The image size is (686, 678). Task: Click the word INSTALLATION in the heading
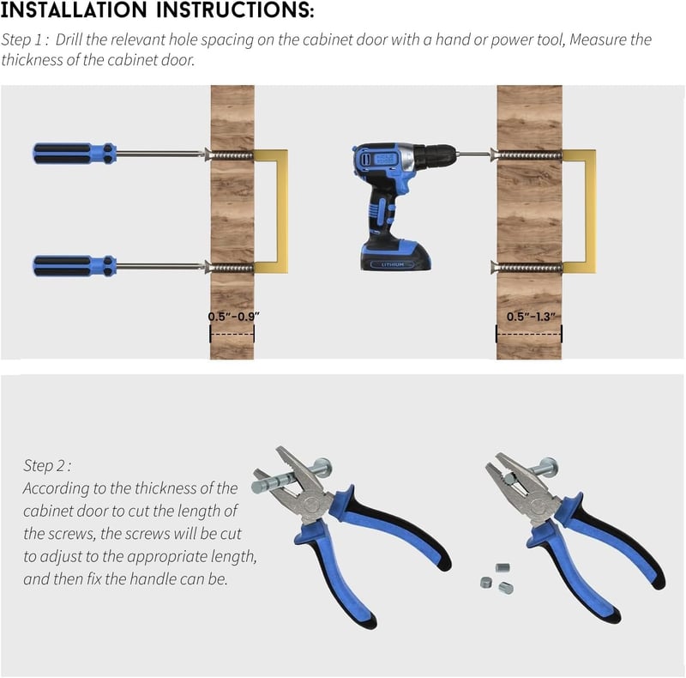click(x=74, y=9)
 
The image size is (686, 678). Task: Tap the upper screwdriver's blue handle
click(x=75, y=154)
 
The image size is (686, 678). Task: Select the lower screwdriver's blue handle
click(x=75, y=266)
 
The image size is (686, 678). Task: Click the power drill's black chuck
click(x=435, y=155)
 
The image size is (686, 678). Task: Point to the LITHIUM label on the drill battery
click(x=392, y=264)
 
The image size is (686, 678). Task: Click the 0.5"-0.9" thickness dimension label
click(x=233, y=316)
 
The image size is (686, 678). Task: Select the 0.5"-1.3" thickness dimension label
click(x=531, y=316)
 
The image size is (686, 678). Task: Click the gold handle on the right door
click(x=591, y=211)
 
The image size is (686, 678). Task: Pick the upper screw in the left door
click(x=229, y=155)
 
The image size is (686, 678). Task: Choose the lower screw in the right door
click(x=527, y=267)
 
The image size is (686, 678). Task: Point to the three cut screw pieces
click(x=497, y=578)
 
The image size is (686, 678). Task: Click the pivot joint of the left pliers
click(x=313, y=505)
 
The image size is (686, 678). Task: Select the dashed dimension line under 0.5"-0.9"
click(x=232, y=334)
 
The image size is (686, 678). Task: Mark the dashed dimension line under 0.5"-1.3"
click(x=529, y=334)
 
